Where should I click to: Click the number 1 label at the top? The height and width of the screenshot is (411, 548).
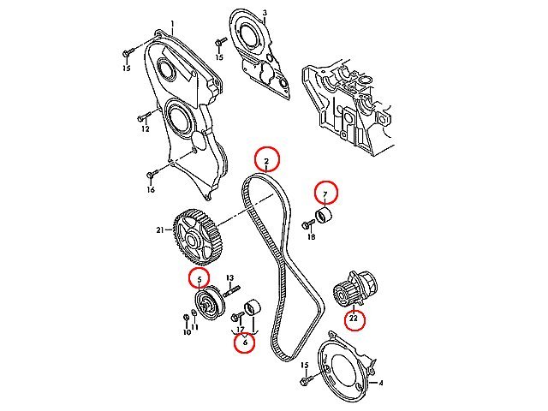pos(172,24)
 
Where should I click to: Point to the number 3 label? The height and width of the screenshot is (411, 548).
pos(265,13)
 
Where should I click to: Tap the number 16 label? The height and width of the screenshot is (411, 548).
pos(151,190)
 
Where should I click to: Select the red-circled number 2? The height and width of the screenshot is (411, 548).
pos(266,161)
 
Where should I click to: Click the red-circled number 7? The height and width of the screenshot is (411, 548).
pos(325,194)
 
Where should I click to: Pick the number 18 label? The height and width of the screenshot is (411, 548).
pos(312,237)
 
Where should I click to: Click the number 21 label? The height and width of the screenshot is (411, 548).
pos(160,230)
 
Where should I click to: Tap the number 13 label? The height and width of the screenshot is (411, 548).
pos(229,278)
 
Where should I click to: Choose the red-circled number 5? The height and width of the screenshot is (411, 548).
pos(200,280)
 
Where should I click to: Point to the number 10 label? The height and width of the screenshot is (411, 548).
pos(187,332)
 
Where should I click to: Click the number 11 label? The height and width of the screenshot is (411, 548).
pos(195,327)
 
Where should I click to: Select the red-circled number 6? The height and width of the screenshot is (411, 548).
pos(245,342)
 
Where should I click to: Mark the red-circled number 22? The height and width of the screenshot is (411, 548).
pos(354,319)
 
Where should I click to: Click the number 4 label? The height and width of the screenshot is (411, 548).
pos(381,383)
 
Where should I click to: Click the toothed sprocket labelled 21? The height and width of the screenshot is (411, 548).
pos(198,236)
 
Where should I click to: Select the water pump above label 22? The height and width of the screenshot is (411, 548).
pos(354,289)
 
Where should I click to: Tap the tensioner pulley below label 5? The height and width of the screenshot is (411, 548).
pos(209,302)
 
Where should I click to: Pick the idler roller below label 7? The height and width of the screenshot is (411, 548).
pos(324,215)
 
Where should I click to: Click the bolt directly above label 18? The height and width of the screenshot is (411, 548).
pos(308,224)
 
